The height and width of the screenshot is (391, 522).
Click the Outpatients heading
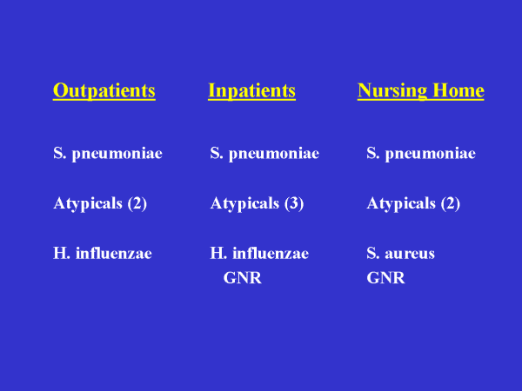click(104, 90)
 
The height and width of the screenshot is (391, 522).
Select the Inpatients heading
click(251, 90)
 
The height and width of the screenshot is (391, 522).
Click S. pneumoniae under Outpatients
click(108, 154)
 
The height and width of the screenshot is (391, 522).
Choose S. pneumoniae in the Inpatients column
click(264, 154)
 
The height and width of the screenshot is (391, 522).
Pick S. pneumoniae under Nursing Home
click(421, 154)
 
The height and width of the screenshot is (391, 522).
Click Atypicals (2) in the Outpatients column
click(100, 204)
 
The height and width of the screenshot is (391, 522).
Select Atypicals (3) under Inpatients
click(257, 204)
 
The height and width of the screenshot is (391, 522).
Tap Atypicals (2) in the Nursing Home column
click(413, 204)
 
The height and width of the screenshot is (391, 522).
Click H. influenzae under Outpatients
click(103, 253)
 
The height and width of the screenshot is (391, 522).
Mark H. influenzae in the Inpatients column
click(259, 253)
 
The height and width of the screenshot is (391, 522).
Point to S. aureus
click(401, 254)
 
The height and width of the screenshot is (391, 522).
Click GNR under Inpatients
click(243, 278)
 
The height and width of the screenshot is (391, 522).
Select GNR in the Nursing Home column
click(385, 278)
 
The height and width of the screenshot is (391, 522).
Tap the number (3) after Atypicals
click(294, 204)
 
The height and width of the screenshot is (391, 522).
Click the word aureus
click(410, 255)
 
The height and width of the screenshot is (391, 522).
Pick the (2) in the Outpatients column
click(137, 204)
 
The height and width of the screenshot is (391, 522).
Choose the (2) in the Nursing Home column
click(451, 204)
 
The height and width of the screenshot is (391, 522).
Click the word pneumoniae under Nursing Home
click(431, 155)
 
